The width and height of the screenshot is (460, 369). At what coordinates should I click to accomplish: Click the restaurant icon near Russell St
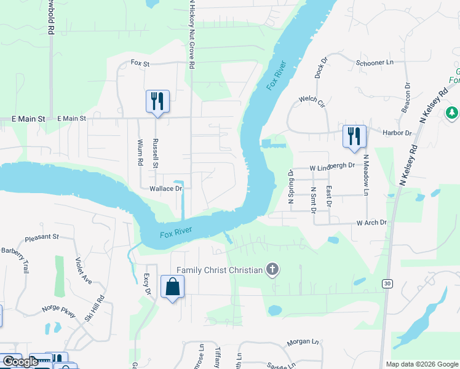click(x=157, y=101)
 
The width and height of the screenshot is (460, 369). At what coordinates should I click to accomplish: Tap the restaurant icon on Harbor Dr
click(x=354, y=137)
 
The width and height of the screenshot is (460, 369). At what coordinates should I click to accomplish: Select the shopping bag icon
click(x=172, y=287)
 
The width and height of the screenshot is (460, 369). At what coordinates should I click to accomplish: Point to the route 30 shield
click(x=386, y=283)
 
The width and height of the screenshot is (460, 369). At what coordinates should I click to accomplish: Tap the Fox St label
click(x=140, y=63)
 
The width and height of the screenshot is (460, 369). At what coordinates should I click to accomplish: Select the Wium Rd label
click(x=140, y=153)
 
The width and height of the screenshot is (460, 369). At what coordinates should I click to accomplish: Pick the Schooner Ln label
click(x=374, y=63)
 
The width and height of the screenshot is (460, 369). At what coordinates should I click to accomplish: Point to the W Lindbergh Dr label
click(x=332, y=165)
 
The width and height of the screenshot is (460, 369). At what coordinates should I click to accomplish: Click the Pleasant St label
click(x=42, y=236)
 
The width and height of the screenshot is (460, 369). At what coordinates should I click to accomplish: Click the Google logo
click(x=20, y=362)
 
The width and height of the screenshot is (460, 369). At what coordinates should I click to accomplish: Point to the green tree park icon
click(x=452, y=113)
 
